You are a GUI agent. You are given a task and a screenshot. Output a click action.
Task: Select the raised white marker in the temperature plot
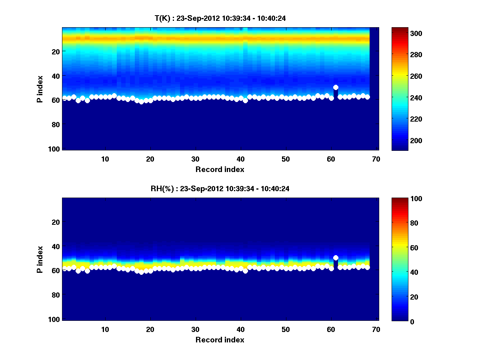(x=336, y=87)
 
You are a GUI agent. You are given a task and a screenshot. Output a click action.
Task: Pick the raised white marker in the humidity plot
(x=336, y=258)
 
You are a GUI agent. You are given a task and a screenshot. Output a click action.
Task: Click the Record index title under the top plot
(x=220, y=169)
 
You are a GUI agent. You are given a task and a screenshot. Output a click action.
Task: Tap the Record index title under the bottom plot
(x=220, y=340)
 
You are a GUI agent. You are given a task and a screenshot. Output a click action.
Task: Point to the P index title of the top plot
(x=40, y=88)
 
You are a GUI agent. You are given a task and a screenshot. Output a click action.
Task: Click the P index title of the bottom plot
(x=40, y=259)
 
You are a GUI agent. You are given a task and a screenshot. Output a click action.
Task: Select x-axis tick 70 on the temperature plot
(x=376, y=159)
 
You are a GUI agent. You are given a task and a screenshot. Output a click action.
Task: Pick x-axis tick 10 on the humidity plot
(x=105, y=329)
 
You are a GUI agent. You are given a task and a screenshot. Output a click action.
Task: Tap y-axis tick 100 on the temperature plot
(x=55, y=149)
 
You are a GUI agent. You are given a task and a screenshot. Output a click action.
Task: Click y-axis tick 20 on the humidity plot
(x=56, y=222)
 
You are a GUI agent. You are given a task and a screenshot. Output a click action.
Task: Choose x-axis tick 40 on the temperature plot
(x=240, y=159)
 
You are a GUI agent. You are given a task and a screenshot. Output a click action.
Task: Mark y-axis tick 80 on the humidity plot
(x=56, y=295)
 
